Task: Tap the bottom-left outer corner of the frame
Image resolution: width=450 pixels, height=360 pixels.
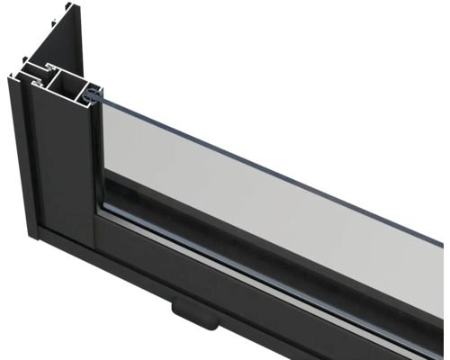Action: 33,236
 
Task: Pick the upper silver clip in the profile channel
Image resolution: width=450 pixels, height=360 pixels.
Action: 40,67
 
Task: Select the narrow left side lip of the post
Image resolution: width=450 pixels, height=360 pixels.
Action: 23,153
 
